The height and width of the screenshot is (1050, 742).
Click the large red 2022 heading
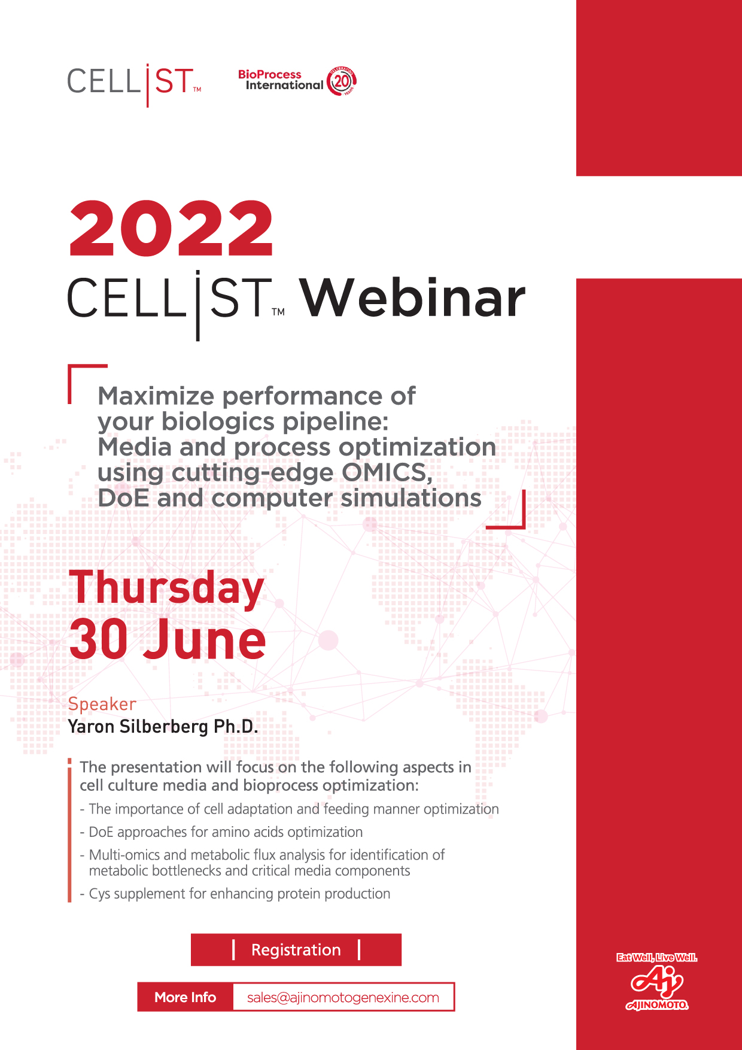pyautogui.click(x=171, y=229)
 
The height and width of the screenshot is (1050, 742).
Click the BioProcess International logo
pyautogui.click(x=297, y=80)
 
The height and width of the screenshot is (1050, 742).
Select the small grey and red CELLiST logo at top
pyautogui.click(x=134, y=84)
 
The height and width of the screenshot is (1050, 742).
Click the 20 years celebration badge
pyautogui.click(x=342, y=81)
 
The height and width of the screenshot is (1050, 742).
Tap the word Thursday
pyautogui.click(x=166, y=588)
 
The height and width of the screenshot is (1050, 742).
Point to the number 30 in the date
pyautogui.click(x=99, y=639)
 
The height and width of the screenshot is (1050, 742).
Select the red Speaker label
pyautogui.click(x=102, y=704)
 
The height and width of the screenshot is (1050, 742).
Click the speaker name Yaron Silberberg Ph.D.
pyautogui.click(x=163, y=726)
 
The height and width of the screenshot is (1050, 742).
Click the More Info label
pyautogui.click(x=185, y=997)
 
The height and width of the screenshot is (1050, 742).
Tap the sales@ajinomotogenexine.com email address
pyautogui.click(x=343, y=997)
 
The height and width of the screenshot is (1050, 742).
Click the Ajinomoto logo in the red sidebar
pyautogui.click(x=657, y=988)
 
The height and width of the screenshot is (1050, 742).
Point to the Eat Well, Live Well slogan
pyautogui.click(x=657, y=957)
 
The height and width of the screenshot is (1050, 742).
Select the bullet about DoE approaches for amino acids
pyautogui.click(x=221, y=832)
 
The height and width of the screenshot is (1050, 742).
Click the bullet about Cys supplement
pyautogui.click(x=235, y=894)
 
